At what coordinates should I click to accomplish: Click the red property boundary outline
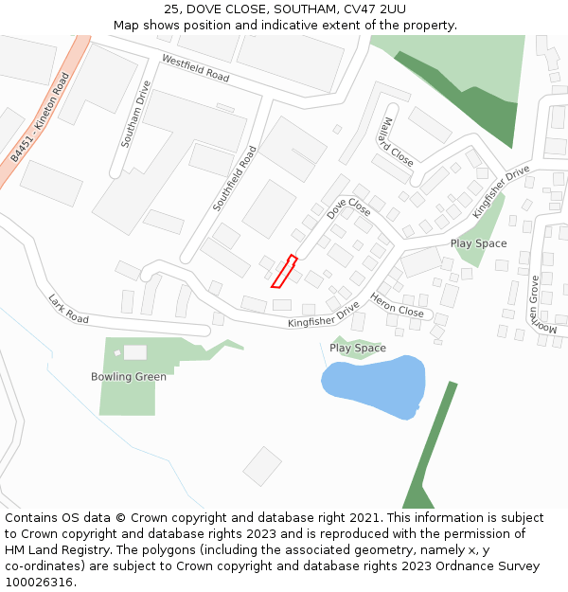pos(284,271)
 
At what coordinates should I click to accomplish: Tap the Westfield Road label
pos(196,67)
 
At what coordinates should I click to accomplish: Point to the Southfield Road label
pos(235,177)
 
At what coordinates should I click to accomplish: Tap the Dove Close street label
pos(348,207)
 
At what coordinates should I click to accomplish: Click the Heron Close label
pos(397,305)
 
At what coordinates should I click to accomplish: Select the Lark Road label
pos(68,309)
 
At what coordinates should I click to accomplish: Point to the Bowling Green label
pos(129,377)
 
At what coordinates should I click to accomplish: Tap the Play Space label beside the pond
pos(357,349)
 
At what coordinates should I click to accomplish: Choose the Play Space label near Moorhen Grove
pos(478,243)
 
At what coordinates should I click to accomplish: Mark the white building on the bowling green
pos(135,352)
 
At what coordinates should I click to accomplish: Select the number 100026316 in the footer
pos(39,582)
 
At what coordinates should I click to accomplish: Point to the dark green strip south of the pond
pos(431,445)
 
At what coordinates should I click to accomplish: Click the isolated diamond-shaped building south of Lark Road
pos(262,466)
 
